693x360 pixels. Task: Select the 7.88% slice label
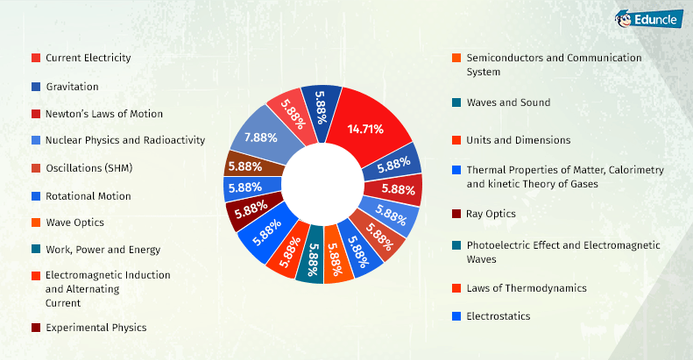(x=261, y=138)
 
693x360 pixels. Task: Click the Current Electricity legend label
(x=88, y=58)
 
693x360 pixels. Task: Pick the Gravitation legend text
(x=72, y=87)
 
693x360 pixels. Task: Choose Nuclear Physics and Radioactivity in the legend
(x=125, y=140)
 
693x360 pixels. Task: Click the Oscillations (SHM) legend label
(x=89, y=168)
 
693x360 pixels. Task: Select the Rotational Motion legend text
(x=88, y=196)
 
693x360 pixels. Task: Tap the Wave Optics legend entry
(x=74, y=222)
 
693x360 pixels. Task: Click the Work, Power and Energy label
(x=103, y=250)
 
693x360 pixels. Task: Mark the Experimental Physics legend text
(x=96, y=328)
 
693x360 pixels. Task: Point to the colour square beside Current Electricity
(x=35, y=58)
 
